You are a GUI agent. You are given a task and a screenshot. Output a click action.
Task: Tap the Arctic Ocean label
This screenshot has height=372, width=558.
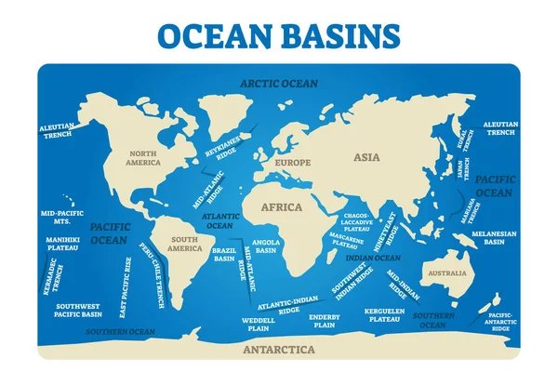pos(278,83)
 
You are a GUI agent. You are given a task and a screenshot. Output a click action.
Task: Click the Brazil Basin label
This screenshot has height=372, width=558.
pos(224,254)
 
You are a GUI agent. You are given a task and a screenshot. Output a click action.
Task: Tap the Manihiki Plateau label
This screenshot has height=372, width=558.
pos(61,244)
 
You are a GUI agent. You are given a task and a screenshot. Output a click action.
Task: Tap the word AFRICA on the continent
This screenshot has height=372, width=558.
pos(281,207)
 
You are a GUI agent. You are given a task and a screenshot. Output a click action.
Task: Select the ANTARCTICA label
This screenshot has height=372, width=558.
pos(278,350)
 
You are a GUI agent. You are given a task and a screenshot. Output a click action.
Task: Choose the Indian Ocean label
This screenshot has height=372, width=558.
pos(373,258)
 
